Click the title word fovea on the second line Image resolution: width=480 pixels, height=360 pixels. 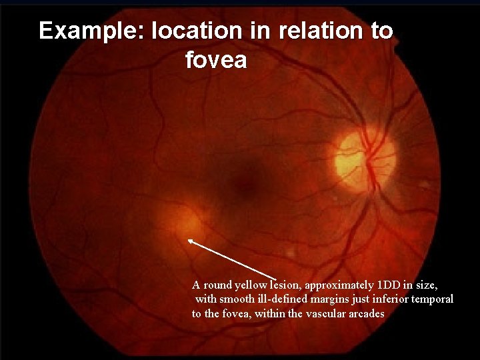(216, 61)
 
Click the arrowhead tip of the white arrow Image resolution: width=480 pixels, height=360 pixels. (189, 240)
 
